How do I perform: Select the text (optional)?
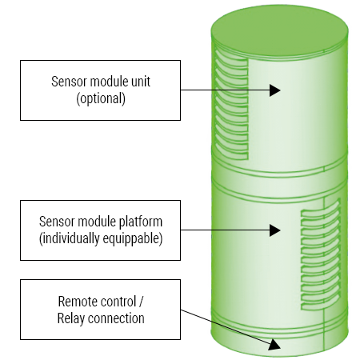coord(101,98)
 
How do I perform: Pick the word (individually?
coord(70,238)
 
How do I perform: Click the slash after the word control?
coord(141,302)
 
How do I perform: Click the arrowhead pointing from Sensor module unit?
coord(274,90)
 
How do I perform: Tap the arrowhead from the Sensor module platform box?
coord(274,230)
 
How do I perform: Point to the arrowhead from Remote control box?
coord(274,345)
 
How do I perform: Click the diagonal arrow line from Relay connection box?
coord(226,327)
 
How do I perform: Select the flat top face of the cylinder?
coord(279,31)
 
